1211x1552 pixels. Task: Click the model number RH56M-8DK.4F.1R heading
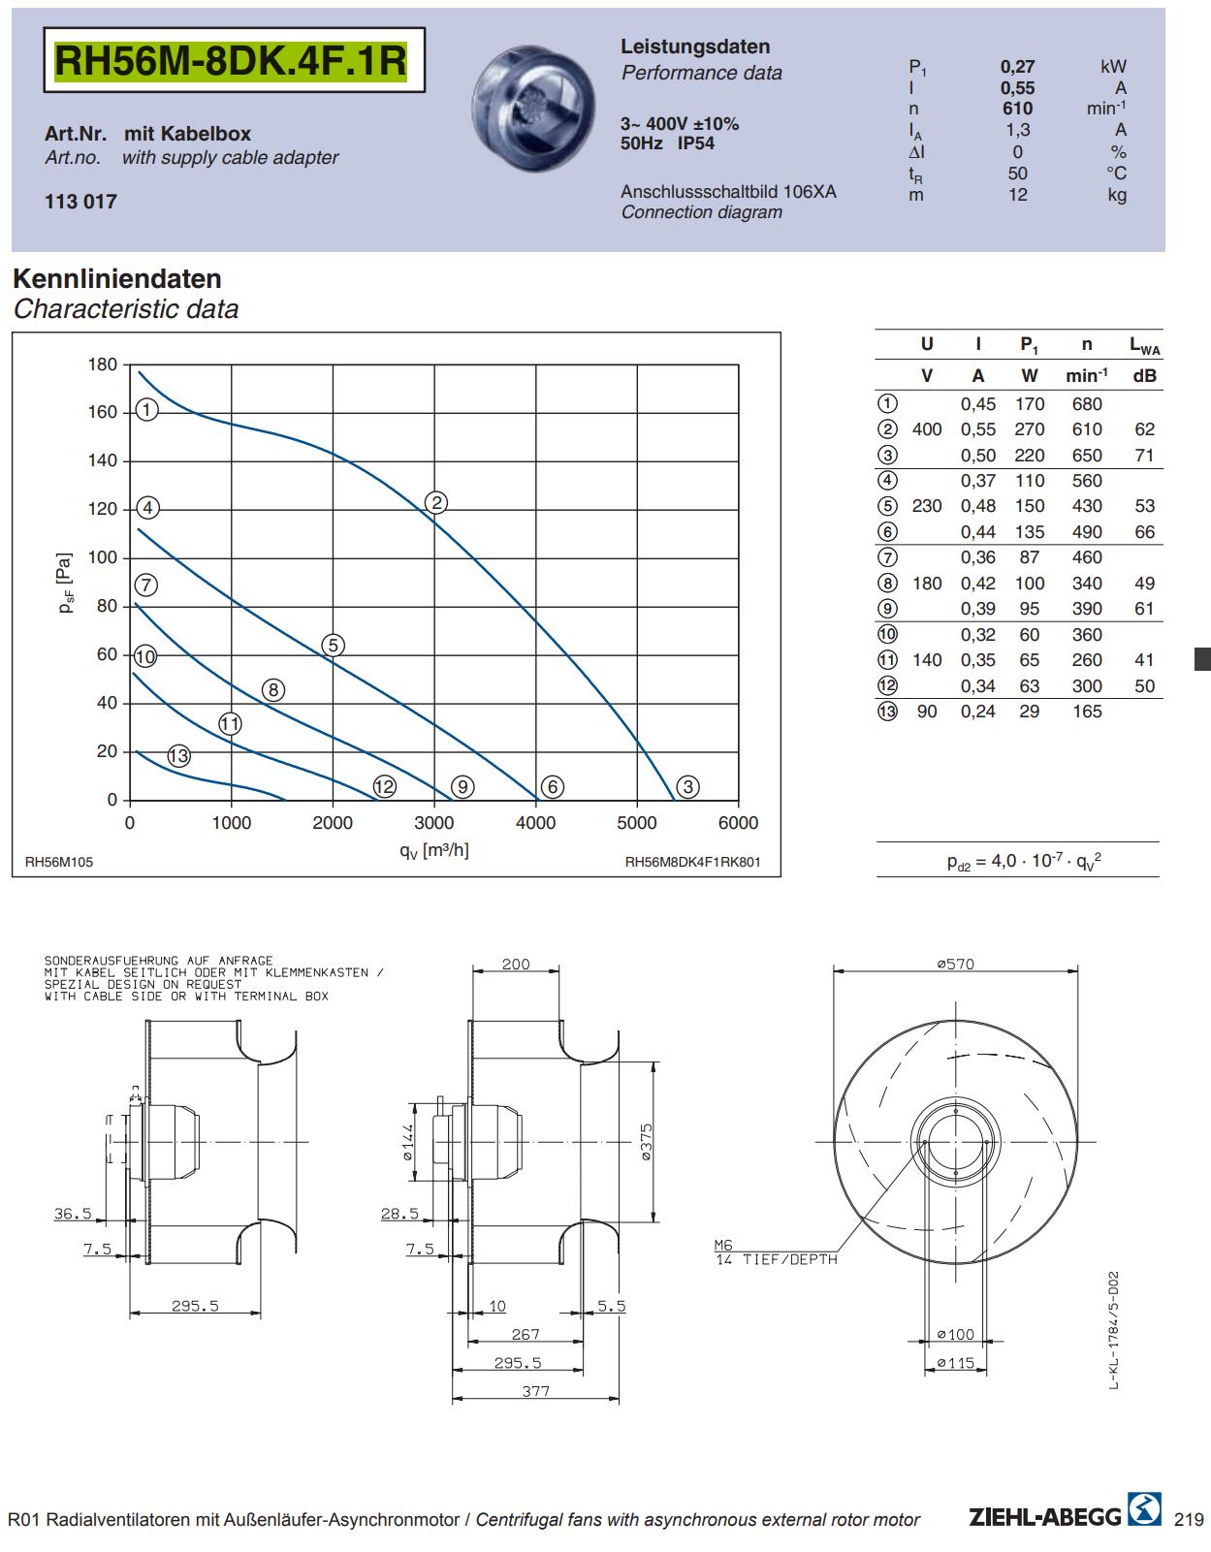[x=231, y=60]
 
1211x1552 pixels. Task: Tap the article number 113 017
[x=80, y=202]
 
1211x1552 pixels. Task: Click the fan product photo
[x=533, y=108]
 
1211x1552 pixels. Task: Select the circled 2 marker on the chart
[x=436, y=503]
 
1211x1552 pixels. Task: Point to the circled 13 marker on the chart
[x=178, y=756]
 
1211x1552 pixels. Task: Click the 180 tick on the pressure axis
[x=102, y=364]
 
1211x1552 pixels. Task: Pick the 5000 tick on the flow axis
[x=636, y=823]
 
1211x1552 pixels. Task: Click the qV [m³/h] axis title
[x=434, y=850]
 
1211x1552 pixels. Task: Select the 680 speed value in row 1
[x=1087, y=404]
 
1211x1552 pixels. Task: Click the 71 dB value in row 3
[x=1145, y=456]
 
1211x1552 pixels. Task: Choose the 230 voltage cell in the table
[x=927, y=506]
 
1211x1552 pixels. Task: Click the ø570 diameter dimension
[x=955, y=965]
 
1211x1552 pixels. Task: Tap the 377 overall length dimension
[x=535, y=1391]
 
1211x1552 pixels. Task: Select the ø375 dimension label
[x=646, y=1143]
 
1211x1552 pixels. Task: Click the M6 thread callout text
[x=723, y=1245]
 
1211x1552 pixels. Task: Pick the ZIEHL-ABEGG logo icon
[x=1144, y=1509]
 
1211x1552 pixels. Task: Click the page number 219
[x=1189, y=1520]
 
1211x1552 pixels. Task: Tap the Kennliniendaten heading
[x=117, y=278]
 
